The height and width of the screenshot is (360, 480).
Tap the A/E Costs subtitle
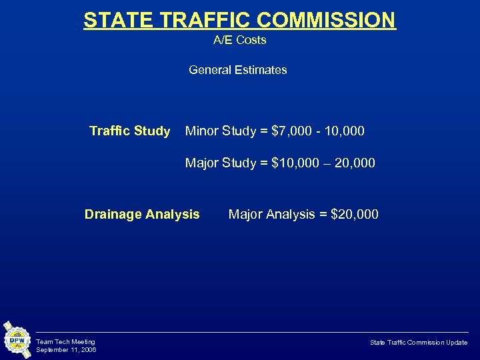[239, 40]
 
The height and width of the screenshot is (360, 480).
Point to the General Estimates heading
[237, 69]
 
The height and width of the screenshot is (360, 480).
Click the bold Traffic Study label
[129, 131]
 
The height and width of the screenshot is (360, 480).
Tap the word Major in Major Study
[201, 163]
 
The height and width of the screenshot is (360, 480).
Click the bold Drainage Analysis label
[141, 214]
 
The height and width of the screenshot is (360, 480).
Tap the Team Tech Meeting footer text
[65, 342]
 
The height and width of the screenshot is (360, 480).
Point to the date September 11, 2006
[66, 350]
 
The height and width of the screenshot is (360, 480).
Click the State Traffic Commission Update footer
[419, 342]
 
